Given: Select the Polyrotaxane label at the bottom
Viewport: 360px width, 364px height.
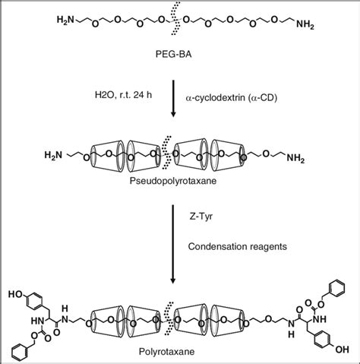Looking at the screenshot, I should pyautogui.click(x=180, y=353).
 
